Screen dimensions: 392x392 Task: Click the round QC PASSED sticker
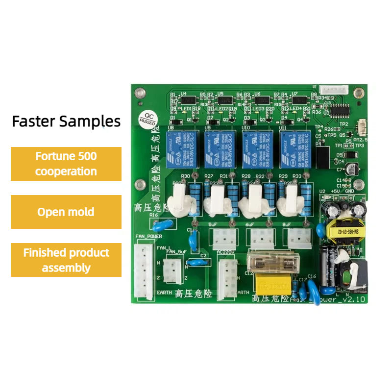[x=147, y=118]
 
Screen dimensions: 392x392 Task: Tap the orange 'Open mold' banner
[x=66, y=212]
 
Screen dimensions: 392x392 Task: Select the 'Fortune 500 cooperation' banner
[x=66, y=164]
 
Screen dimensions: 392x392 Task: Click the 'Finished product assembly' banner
[x=66, y=260]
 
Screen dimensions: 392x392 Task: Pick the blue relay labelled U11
[x=294, y=149]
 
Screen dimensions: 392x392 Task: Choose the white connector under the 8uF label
[x=298, y=239]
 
